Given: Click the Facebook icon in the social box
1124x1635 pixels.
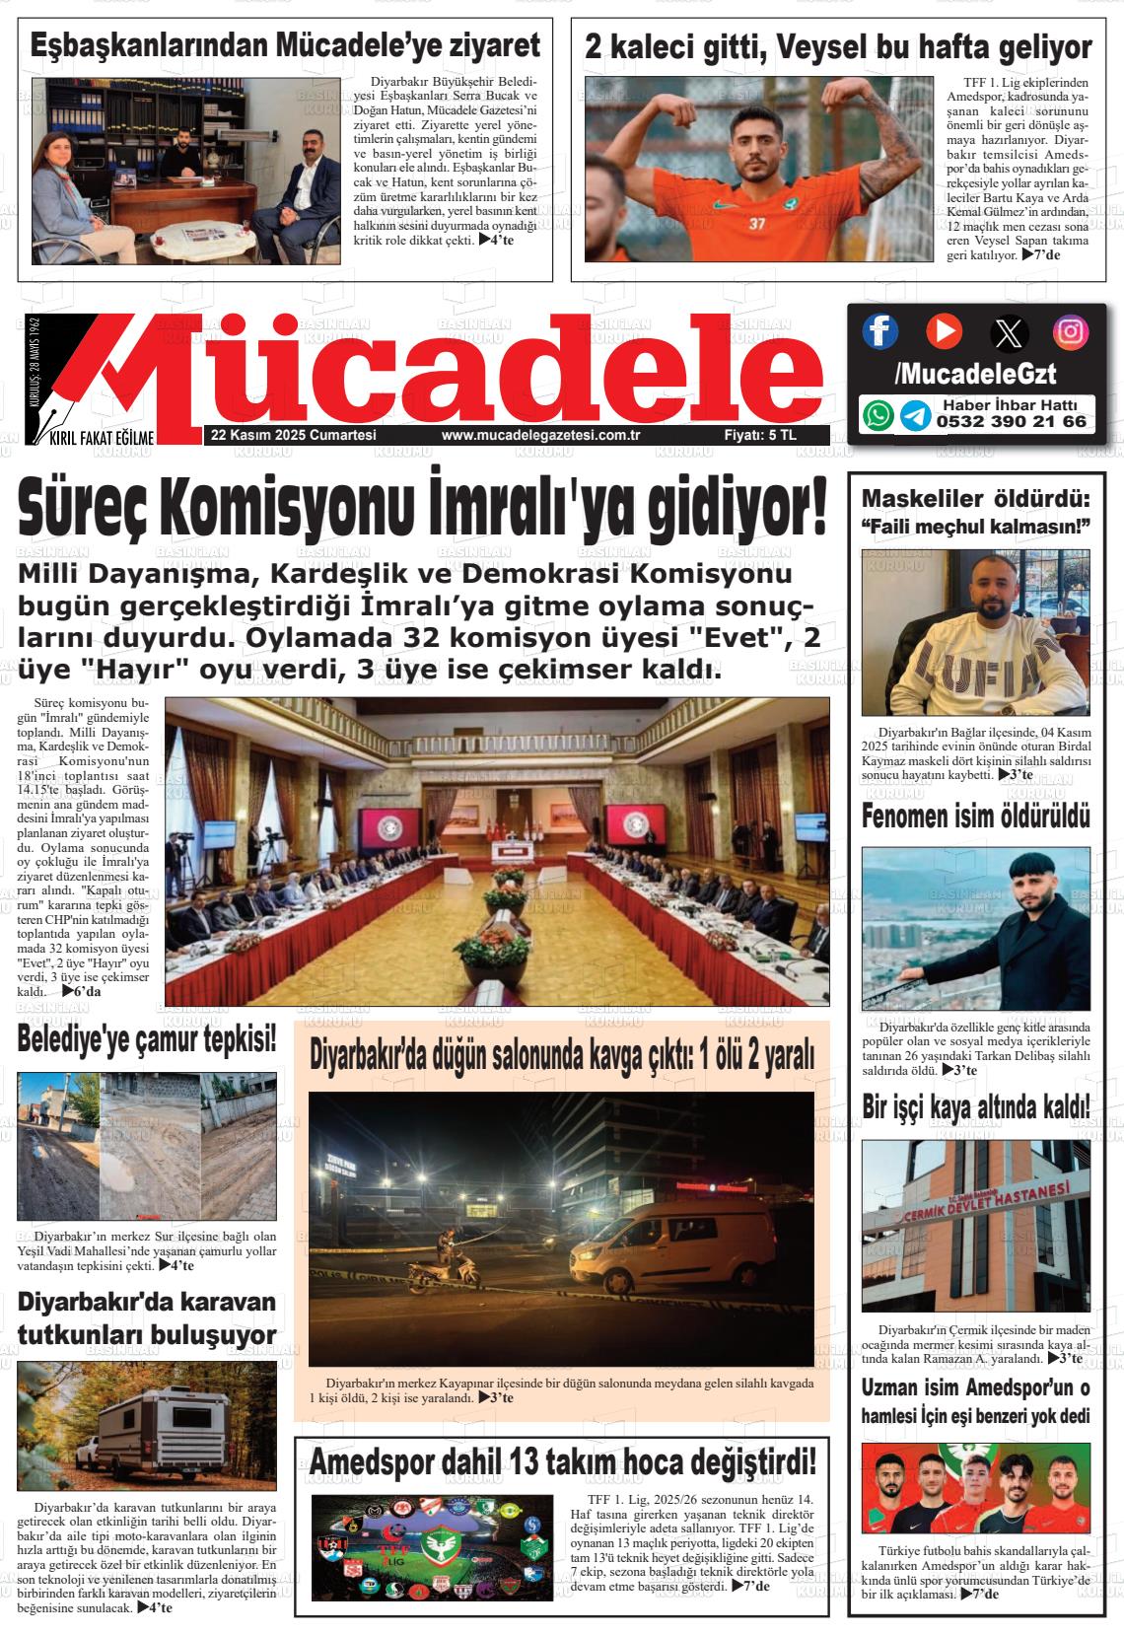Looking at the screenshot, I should point(880,331).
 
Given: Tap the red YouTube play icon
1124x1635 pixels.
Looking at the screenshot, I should point(944,330).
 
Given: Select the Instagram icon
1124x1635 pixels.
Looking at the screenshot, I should point(1071,331).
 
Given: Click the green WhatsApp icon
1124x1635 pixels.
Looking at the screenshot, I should point(878,415).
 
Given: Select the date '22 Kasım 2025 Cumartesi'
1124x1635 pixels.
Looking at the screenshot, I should point(280,436).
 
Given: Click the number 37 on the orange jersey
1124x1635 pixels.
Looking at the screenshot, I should point(756,224).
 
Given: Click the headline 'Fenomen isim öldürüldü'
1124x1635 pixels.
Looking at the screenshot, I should point(975,817).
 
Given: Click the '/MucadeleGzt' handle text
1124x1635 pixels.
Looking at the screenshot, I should point(975,374).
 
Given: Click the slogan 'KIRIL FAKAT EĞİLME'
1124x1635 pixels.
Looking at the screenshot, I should point(96,438).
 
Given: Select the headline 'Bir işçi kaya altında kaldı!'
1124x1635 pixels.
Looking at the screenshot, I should point(975,1108).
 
